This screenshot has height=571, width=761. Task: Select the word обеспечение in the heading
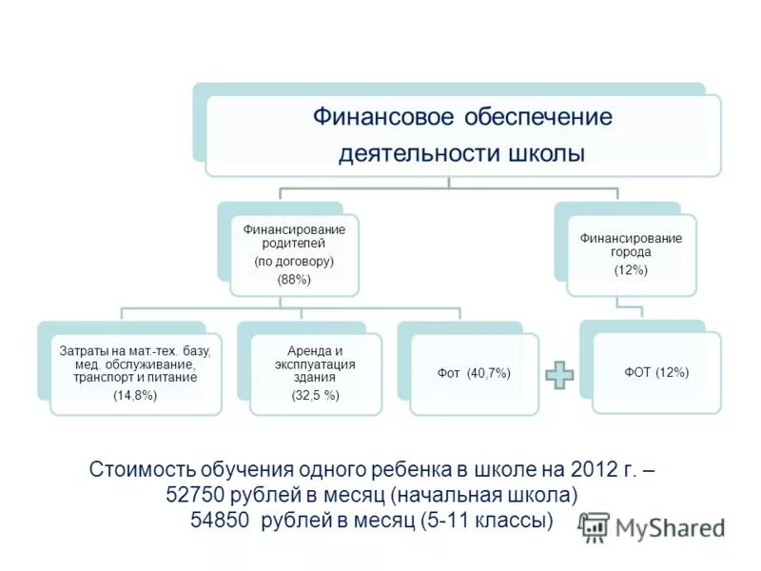tap(537, 118)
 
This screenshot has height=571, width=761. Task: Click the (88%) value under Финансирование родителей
tap(294, 280)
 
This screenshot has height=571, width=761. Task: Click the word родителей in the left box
tap(294, 243)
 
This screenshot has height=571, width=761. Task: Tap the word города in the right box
tap(631, 253)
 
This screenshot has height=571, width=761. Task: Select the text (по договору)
tap(294, 261)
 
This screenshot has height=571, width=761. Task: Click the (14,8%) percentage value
tap(134, 394)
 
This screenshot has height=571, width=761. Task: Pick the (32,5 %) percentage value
tap(316, 395)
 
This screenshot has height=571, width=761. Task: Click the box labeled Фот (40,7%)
tap(475, 373)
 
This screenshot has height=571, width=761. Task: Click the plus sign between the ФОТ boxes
tap(559, 374)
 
